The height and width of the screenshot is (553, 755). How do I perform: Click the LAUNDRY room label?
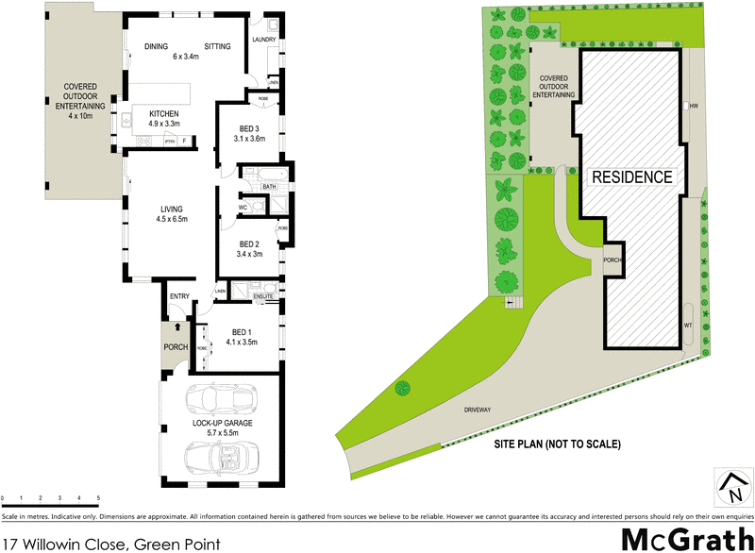point(262,40)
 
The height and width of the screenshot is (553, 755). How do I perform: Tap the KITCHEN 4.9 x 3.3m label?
point(163,119)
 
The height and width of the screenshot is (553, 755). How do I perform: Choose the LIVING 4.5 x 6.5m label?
point(172,214)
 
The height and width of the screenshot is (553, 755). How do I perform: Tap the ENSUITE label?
point(262,296)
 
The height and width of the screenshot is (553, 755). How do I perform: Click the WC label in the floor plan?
point(243,206)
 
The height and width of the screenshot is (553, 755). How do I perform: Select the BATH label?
point(269,187)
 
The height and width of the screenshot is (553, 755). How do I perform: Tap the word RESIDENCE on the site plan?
point(633,176)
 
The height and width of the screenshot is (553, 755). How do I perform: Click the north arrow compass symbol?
point(731,487)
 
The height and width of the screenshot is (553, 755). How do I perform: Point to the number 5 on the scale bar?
point(98,497)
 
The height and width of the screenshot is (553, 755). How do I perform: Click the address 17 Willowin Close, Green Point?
point(111,544)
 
